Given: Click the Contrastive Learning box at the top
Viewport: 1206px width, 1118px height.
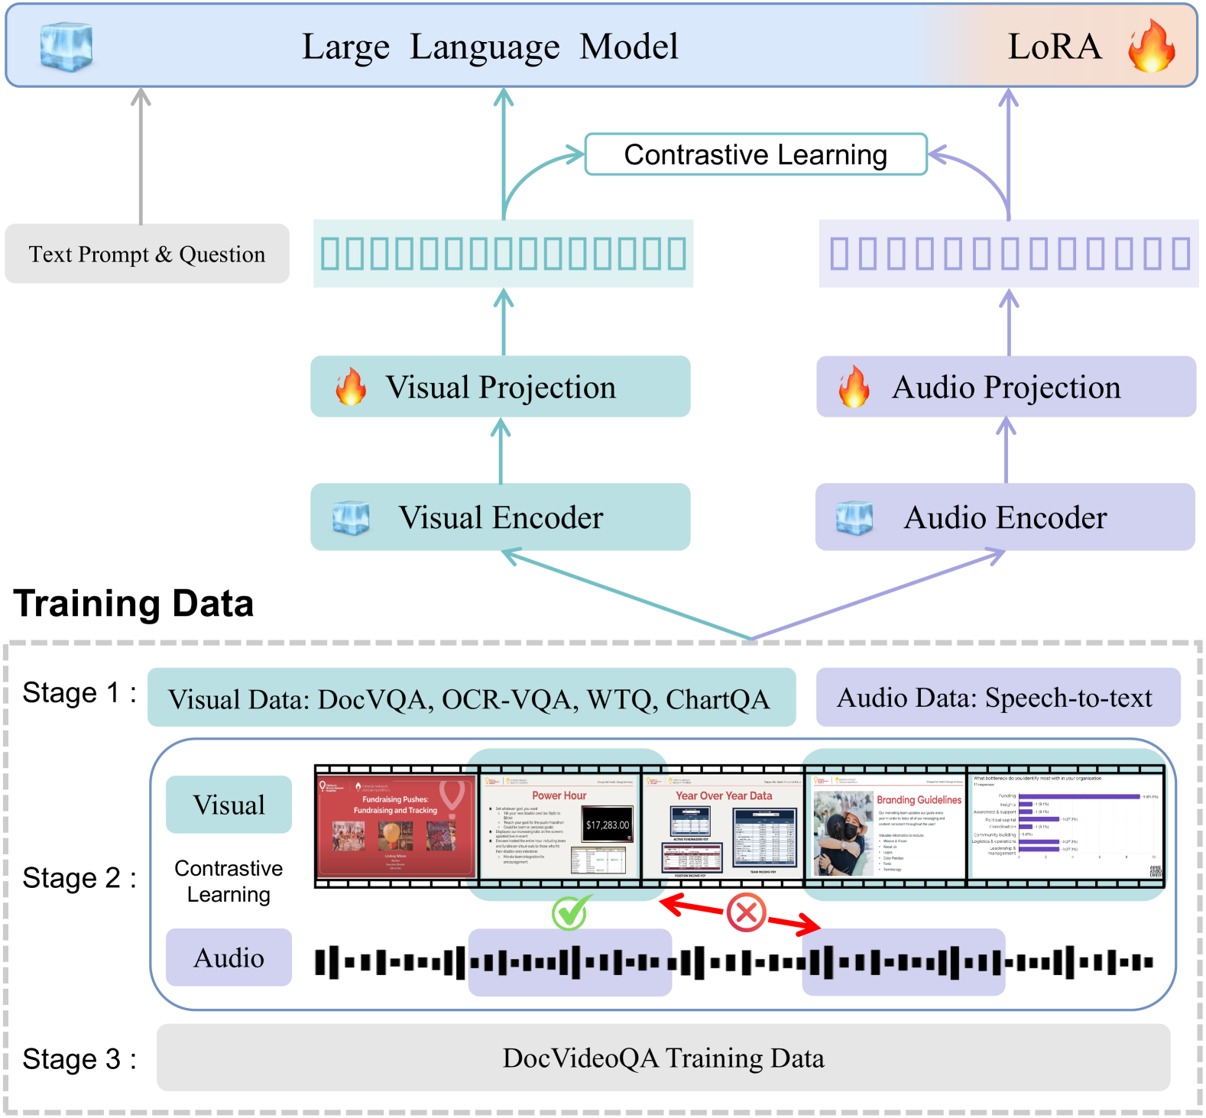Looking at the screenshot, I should tap(755, 154).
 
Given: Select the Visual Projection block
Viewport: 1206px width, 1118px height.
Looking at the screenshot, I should tap(500, 387).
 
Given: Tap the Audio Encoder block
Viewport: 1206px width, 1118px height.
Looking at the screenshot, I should tap(1005, 517).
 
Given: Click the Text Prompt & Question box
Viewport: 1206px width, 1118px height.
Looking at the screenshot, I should tap(147, 254).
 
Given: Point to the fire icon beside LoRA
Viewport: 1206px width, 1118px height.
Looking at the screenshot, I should tap(1151, 47).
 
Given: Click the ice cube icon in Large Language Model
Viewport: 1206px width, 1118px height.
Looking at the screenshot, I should tap(66, 47).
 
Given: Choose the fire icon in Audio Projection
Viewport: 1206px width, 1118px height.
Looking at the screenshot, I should tap(854, 387).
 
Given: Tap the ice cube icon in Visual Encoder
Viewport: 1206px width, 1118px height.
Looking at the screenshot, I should tap(351, 518).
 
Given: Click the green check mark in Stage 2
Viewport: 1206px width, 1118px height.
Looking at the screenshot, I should tap(570, 912).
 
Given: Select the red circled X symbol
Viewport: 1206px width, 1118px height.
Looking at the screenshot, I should tap(746, 912).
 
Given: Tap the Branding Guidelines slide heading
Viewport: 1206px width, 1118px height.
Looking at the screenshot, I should tap(919, 800).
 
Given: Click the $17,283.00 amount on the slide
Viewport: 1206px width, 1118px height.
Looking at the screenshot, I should tap(608, 825).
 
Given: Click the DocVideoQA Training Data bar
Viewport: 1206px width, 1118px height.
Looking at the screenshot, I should tap(663, 1058).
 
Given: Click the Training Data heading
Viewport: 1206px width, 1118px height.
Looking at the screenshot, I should tap(134, 604).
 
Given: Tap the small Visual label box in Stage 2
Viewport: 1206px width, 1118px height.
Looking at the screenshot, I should tap(229, 805).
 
